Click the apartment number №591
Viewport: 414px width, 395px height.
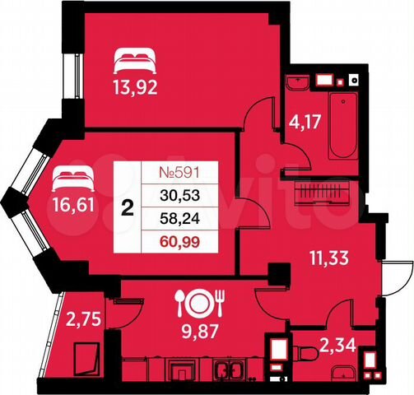(179, 174)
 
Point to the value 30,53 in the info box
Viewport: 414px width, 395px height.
(179, 196)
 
